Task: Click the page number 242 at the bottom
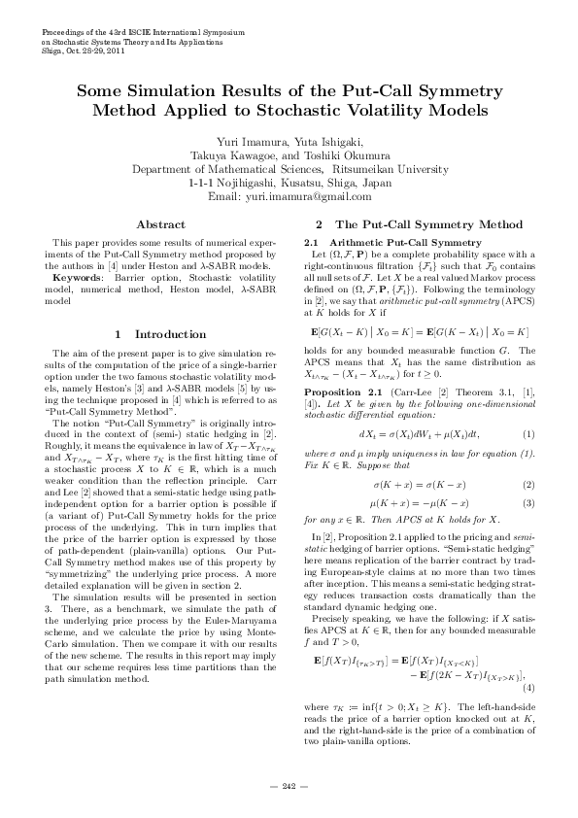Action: pyautogui.click(x=289, y=785)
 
